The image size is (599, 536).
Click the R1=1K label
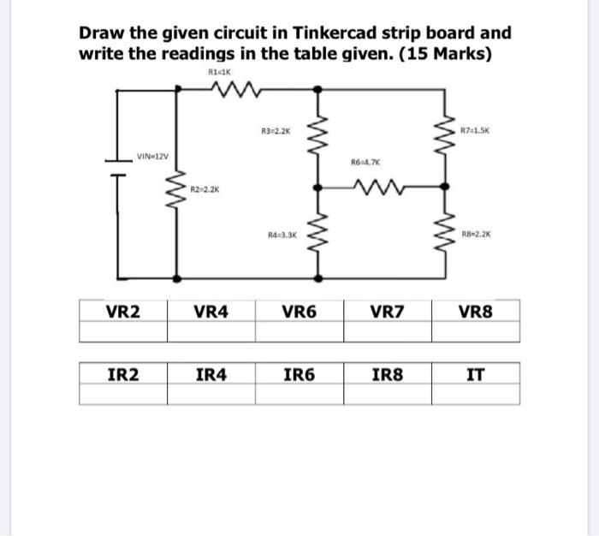[222, 74]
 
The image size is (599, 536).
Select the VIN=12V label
[153, 156]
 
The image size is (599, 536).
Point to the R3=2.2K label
[276, 131]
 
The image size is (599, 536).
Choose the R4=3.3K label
[276, 233]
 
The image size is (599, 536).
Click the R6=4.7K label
[365, 160]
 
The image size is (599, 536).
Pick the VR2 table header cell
[123, 312]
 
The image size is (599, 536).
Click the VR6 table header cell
[299, 312]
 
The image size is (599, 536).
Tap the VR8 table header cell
[476, 312]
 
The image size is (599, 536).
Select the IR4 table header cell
[211, 373]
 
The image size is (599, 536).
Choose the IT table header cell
[476, 373]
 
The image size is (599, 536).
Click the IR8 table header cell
[388, 373]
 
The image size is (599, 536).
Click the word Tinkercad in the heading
[335, 33]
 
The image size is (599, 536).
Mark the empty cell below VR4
[211, 331]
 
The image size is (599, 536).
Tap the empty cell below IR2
[123, 393]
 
